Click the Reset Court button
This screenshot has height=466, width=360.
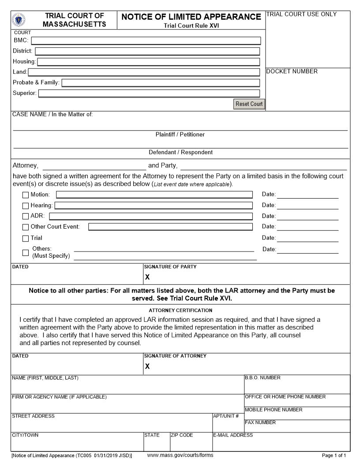click(249, 104)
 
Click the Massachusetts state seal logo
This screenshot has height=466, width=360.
click(19, 20)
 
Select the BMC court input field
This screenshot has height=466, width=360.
click(146, 41)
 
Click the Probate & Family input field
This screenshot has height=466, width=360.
click(161, 83)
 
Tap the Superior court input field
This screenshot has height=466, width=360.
click(149, 93)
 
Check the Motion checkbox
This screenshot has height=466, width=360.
click(26, 195)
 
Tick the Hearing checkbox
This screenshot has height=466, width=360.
click(26, 206)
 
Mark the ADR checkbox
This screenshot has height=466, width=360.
click(26, 216)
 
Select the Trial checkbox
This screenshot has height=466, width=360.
click(26, 238)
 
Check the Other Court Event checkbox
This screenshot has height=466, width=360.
click(26, 227)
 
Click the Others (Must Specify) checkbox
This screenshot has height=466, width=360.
click(26, 253)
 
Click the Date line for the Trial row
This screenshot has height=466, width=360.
click(307, 239)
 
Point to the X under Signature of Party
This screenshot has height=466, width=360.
click(147, 277)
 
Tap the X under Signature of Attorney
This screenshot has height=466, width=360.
click(147, 366)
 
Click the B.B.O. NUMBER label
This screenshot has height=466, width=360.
click(262, 378)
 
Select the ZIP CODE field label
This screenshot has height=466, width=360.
click(182, 435)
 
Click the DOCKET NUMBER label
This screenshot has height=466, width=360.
click(292, 71)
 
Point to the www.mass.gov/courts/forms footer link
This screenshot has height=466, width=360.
click(180, 455)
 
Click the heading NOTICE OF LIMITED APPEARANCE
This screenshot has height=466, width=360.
click(191, 17)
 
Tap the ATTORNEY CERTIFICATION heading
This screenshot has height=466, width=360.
click(180, 310)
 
